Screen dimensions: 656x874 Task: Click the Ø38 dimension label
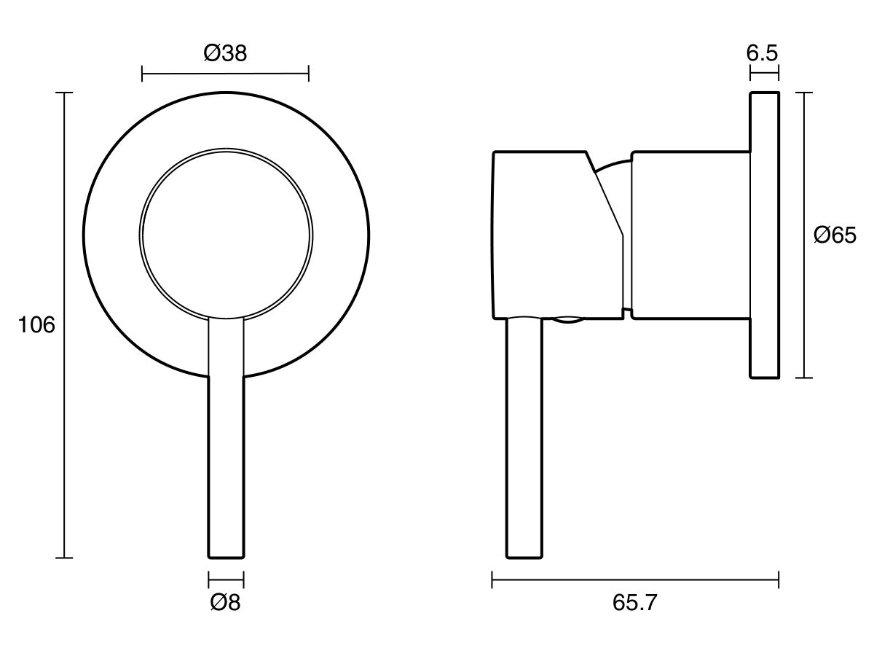coord(225,53)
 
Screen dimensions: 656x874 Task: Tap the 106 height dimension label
coord(36,325)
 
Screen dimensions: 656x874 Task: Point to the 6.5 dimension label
coord(763,53)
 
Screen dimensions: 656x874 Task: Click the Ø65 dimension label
coord(835,235)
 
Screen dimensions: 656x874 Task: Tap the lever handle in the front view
coord(226,452)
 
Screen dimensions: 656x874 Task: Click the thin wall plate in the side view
coord(764,235)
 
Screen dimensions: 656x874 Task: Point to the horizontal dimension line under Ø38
coord(225,74)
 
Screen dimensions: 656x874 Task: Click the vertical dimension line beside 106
coord(66,325)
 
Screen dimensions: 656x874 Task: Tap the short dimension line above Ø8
coord(226,580)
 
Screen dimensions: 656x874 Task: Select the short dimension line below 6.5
coord(764,73)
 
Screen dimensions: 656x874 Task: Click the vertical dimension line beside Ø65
coord(804,235)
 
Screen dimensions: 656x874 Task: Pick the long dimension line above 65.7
coord(635,580)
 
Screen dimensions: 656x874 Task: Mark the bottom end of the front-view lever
coord(226,555)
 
